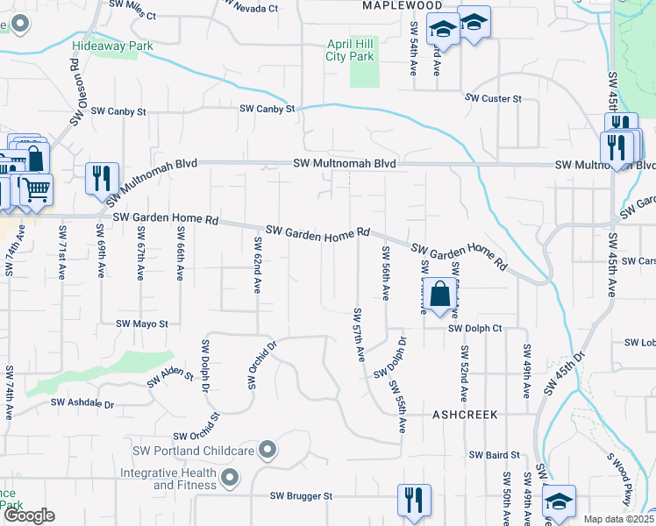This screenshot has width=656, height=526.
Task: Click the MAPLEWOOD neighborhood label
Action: click(x=403, y=5)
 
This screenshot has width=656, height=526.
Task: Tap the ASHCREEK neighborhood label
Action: click(x=465, y=413)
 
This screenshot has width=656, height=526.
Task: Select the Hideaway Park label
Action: click(x=113, y=46)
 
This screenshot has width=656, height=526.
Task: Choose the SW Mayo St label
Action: click(x=142, y=323)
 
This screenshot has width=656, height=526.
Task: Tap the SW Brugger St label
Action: click(x=302, y=495)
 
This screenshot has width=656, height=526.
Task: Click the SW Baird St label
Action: click(x=495, y=455)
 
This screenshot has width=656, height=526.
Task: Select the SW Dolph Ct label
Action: click(x=474, y=329)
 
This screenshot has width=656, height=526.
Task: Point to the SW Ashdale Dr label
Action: click(x=82, y=403)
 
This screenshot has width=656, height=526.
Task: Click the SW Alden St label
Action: click(x=170, y=376)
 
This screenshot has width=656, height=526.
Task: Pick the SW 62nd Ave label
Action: click(x=259, y=265)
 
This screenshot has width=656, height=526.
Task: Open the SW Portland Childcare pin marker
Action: click(x=268, y=451)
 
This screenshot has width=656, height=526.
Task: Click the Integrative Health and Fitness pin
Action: click(x=231, y=478)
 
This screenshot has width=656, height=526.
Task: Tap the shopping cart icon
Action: click(x=35, y=188)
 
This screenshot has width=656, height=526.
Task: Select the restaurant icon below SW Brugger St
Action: click(x=411, y=500)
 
